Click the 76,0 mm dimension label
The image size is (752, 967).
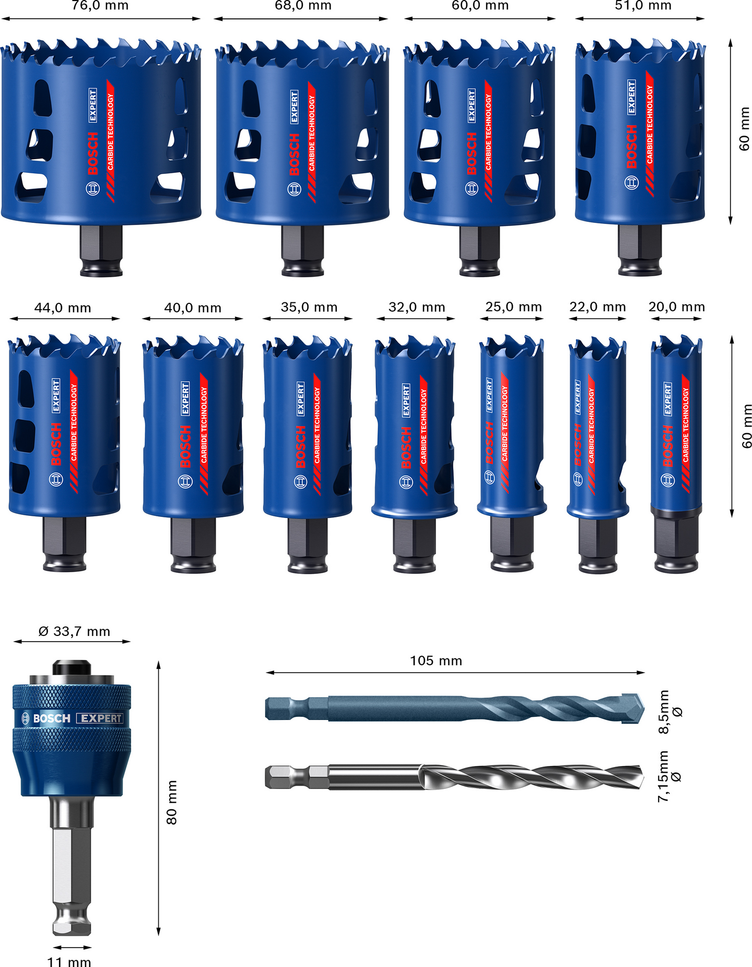coord(100,6)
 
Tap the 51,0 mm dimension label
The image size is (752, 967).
coord(642,6)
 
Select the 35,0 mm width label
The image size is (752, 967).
coord(309,307)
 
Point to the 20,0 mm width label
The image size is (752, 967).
coord(676,307)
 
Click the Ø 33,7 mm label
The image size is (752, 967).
coord(74,631)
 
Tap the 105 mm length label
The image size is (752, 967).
coord(436,661)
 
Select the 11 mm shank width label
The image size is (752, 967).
coord(69,961)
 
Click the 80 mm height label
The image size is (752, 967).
coord(172,803)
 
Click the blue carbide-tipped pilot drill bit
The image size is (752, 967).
coord(454,709)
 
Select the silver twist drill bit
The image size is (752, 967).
coord(454,777)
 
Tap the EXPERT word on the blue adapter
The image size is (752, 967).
coord(101,718)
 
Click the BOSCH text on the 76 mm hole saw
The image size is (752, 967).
coord(92,153)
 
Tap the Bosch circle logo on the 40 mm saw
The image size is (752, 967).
coord(185,481)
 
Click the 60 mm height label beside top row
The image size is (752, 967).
coord(744,128)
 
